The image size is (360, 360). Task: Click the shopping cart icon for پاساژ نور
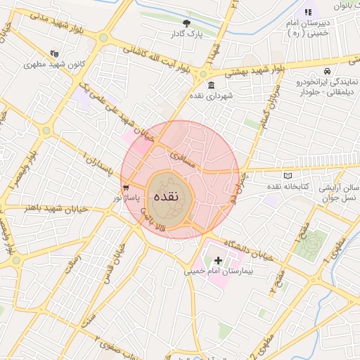click(x=126, y=188)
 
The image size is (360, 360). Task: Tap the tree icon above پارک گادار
click(x=186, y=23)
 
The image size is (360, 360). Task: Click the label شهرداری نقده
click(x=213, y=95)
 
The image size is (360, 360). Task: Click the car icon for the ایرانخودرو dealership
click(x=327, y=71)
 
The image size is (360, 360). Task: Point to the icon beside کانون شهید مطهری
click(x=55, y=53)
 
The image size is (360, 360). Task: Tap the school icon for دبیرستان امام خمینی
click(x=307, y=12)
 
